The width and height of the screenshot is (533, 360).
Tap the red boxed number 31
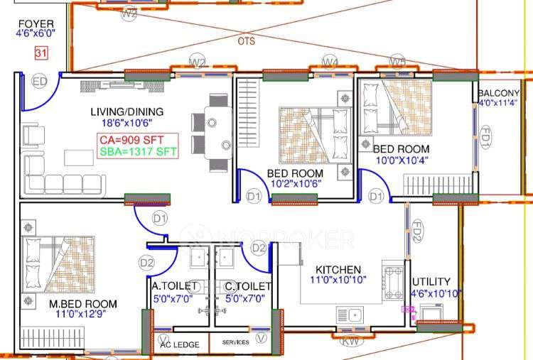tap(41, 53)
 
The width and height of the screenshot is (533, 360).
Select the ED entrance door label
tap(40, 82)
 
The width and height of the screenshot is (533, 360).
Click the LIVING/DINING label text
tap(126, 111)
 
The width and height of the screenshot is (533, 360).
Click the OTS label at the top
tap(246, 41)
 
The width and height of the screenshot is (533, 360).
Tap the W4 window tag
tap(330, 62)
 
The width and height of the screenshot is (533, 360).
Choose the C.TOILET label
tap(247, 286)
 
